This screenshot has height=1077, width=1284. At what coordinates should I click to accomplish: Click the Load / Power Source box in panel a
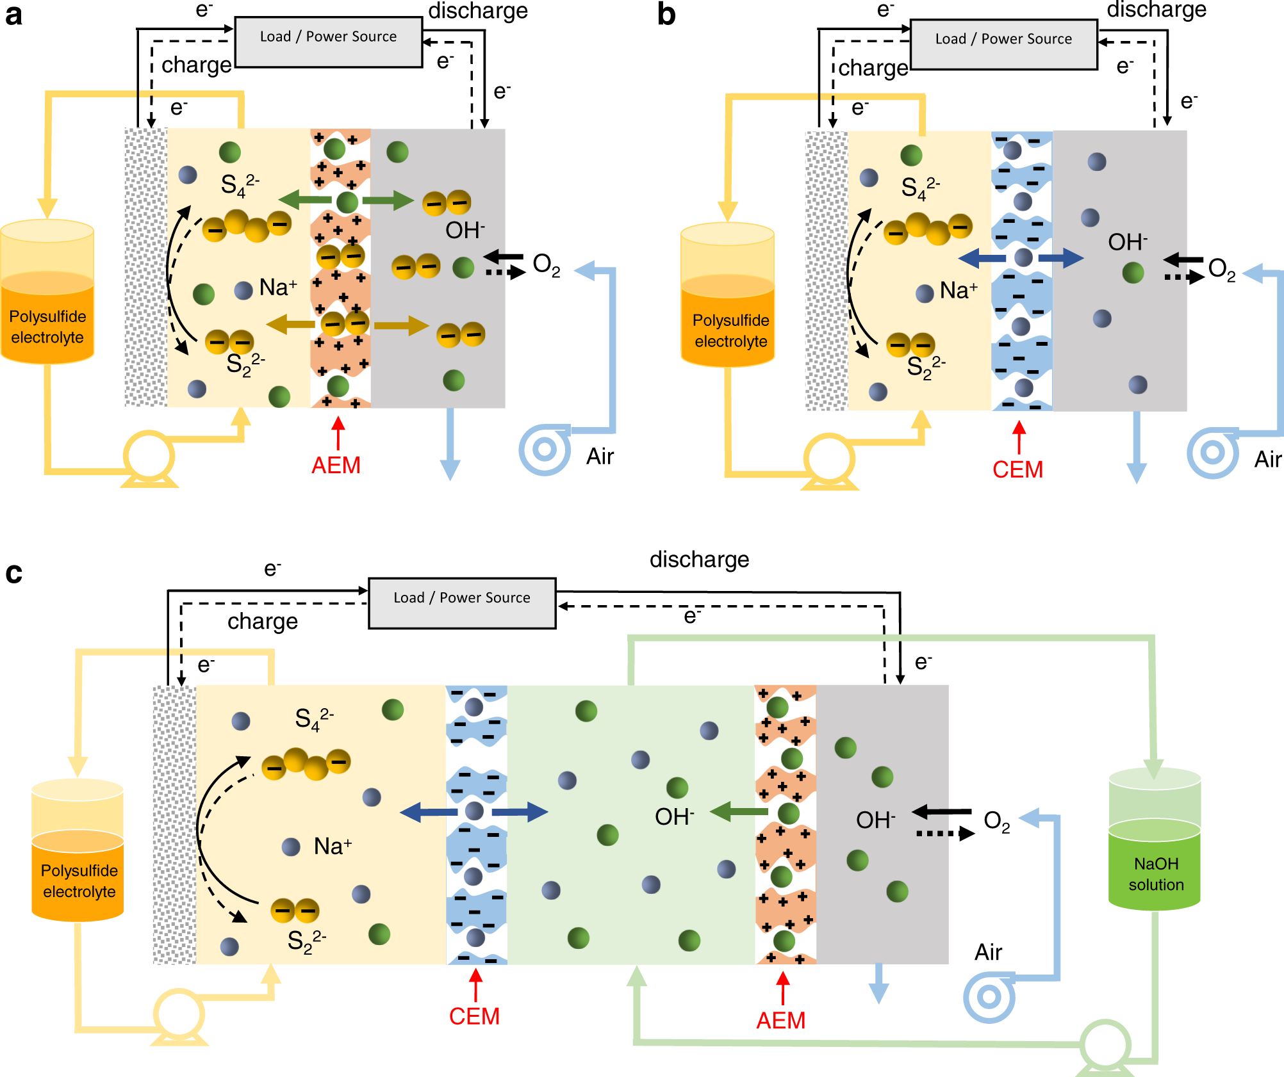329,42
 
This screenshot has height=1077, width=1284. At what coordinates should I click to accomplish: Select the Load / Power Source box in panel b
1003,44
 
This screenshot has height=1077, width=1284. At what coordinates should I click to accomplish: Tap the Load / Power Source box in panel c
462,603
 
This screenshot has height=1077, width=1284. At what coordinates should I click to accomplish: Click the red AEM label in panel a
336,465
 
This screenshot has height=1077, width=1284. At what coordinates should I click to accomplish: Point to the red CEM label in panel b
1017,469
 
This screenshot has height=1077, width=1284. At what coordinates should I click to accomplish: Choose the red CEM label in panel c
474,1016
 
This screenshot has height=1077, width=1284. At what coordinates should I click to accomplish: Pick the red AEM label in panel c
780,1020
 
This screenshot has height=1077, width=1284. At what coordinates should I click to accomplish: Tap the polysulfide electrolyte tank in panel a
47,301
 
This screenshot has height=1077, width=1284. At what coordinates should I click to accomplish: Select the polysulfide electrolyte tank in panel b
728,304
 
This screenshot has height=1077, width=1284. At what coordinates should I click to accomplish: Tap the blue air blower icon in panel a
545,449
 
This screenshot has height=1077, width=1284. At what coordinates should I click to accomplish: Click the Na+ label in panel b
959,290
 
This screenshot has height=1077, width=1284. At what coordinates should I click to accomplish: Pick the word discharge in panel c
699,559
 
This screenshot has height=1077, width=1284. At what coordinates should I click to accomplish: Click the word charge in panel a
196,65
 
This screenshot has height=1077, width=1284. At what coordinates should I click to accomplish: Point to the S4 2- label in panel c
314,718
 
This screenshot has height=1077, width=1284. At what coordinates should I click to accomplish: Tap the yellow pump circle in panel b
829,459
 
